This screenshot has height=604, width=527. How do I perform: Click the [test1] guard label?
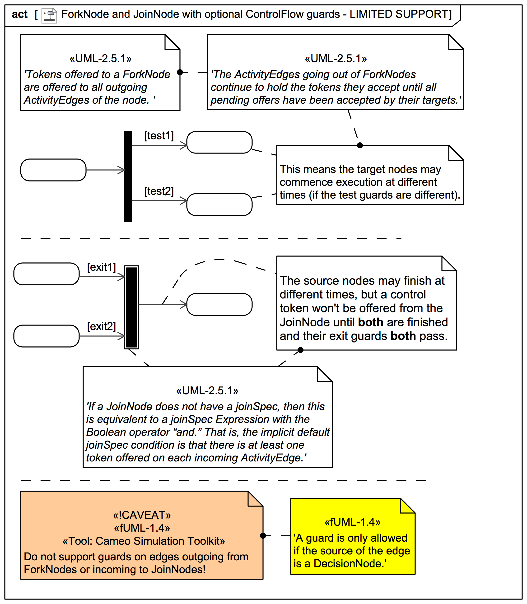[x=159, y=136]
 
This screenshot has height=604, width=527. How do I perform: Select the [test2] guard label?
[x=159, y=191]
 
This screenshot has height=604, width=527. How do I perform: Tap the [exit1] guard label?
[x=102, y=267]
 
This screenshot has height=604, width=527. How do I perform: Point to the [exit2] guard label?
[x=102, y=326]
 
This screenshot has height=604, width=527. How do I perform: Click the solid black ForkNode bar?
[x=128, y=177]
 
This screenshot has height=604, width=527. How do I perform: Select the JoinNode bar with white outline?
[x=131, y=307]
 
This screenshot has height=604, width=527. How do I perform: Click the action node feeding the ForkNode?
[x=53, y=170]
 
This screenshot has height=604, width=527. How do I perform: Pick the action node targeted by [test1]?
[x=219, y=142]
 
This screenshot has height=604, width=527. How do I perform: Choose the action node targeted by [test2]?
[x=219, y=205]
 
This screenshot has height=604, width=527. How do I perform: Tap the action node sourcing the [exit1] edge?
[x=47, y=274]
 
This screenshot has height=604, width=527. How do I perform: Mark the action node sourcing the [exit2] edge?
[x=47, y=336]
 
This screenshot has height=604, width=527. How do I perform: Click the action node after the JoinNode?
[x=219, y=304]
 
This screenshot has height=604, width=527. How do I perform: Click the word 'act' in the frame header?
[x=20, y=14]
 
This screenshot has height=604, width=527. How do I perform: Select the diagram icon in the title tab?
[x=49, y=15]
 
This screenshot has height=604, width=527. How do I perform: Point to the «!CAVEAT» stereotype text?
[x=142, y=515]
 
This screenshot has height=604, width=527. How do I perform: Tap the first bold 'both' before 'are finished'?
[x=371, y=322]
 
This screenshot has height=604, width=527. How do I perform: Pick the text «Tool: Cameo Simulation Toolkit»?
[x=144, y=541]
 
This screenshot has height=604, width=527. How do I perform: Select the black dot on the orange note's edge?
[x=263, y=536]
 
